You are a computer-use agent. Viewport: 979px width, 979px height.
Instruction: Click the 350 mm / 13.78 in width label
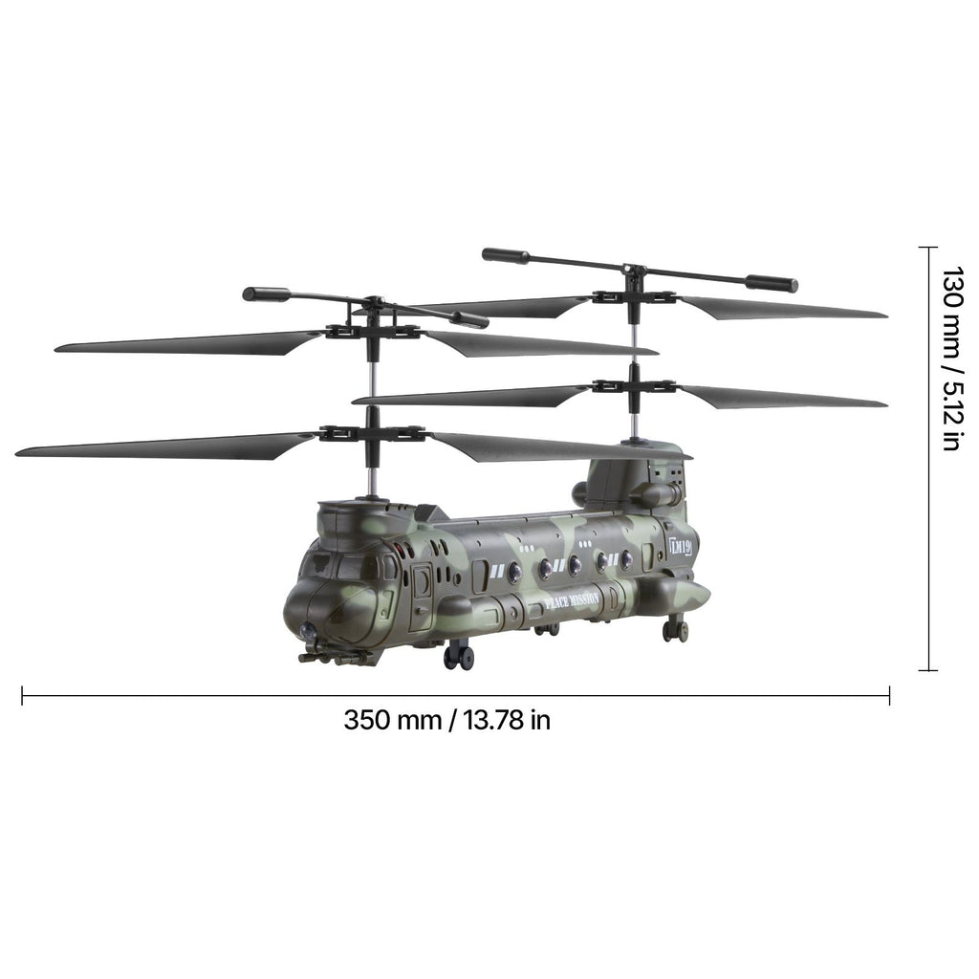coord(447,720)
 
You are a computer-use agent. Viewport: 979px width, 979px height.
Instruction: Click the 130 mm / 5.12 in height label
coord(953,359)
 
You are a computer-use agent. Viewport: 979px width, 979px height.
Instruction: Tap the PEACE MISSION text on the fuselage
coord(572,600)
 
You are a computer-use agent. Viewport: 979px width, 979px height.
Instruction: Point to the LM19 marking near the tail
coord(680,547)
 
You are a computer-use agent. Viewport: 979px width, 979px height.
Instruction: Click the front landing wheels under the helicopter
coord(459,658)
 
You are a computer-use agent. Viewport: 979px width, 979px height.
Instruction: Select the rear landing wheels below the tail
coord(676,630)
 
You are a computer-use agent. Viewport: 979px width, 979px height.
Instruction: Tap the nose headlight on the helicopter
coord(308,632)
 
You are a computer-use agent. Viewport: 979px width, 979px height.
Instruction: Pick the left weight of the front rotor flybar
coord(267,294)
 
